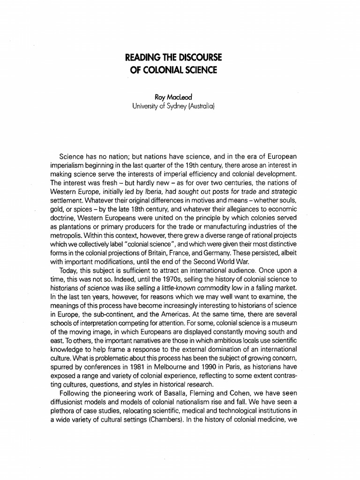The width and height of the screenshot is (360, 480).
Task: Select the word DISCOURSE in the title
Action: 198,58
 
